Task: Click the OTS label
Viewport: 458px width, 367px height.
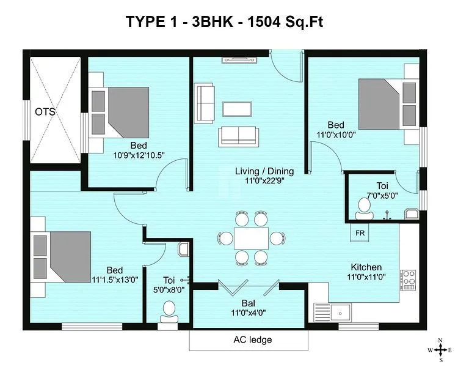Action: (x=45, y=112)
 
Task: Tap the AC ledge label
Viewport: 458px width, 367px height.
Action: (x=252, y=339)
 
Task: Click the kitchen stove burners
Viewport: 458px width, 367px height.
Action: (x=407, y=278)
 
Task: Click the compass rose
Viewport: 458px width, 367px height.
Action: (x=440, y=350)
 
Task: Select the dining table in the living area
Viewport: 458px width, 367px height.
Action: (x=251, y=237)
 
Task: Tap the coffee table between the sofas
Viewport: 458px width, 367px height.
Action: (x=236, y=109)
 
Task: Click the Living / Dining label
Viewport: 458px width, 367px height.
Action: (x=264, y=171)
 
